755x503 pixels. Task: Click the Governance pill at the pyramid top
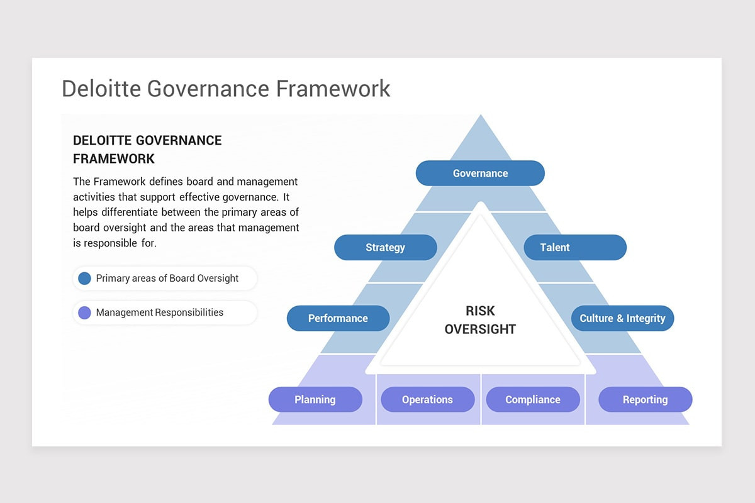(x=480, y=173)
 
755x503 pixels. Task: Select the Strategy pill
(x=385, y=247)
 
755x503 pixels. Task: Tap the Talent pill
(x=574, y=247)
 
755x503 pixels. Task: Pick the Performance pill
(x=338, y=318)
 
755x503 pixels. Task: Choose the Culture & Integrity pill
(x=622, y=318)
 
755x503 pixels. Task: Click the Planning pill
(x=315, y=399)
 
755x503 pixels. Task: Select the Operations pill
(x=427, y=399)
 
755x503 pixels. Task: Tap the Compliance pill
(x=532, y=399)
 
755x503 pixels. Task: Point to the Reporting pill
(x=645, y=399)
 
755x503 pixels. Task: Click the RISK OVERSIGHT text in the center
(x=480, y=319)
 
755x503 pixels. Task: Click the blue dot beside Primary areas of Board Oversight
(x=84, y=278)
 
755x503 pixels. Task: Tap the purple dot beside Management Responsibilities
(x=84, y=312)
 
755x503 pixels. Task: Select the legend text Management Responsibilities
(x=159, y=312)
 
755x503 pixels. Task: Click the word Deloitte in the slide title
(x=101, y=89)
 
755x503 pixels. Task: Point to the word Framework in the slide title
(x=333, y=89)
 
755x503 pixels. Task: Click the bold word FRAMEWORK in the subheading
(x=114, y=158)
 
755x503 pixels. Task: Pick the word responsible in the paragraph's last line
(x=111, y=242)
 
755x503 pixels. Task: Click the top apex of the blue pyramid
(x=480, y=117)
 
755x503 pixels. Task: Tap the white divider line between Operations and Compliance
(x=481, y=399)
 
